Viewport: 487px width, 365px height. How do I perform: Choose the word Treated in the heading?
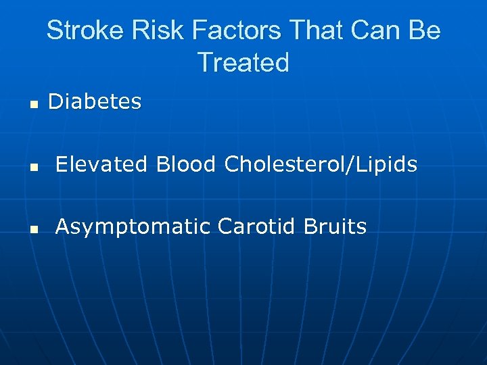[x=243, y=63]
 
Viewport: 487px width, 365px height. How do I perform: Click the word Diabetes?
[x=95, y=102]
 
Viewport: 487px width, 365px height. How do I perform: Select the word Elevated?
[x=101, y=164]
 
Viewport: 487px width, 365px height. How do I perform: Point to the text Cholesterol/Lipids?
[x=321, y=165]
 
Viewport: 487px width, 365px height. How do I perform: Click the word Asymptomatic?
[x=133, y=227]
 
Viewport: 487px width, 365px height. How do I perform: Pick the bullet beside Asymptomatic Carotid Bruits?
[x=32, y=229]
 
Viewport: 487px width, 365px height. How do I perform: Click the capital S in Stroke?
[x=55, y=31]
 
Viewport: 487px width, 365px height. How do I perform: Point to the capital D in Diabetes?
[x=55, y=102]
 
